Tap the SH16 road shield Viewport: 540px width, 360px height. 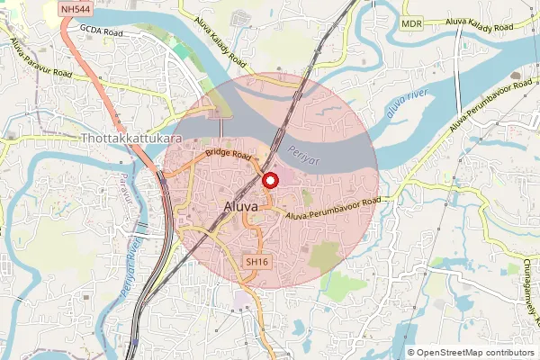[257, 261]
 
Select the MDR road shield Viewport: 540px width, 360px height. [412, 23]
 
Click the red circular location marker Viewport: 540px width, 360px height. [269, 180]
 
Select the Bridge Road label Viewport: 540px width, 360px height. [227, 155]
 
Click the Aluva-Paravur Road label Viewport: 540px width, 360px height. [40, 59]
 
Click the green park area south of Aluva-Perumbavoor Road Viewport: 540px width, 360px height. [327, 256]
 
